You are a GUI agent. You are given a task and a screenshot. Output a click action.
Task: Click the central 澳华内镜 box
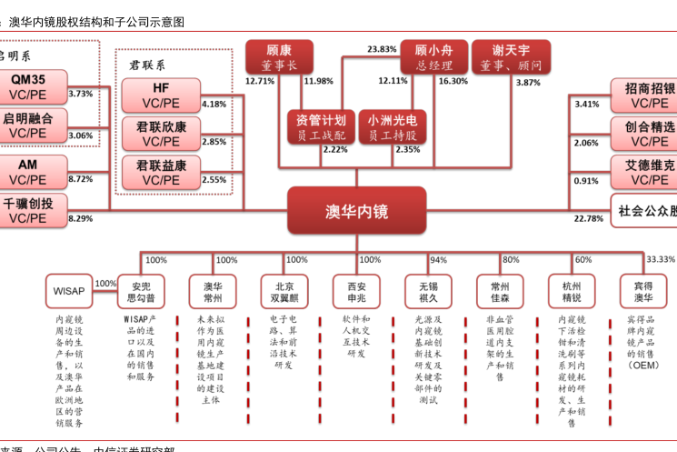(x=356, y=211)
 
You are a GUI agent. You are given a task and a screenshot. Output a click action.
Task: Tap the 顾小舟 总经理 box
(x=433, y=56)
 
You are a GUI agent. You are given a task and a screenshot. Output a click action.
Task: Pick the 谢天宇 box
(x=511, y=56)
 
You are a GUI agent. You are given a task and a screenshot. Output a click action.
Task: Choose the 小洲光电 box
(x=393, y=127)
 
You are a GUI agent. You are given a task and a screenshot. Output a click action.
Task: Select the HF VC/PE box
(x=161, y=96)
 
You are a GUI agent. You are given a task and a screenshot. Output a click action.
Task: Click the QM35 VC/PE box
(x=28, y=86)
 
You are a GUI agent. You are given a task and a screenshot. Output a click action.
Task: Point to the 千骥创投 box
(x=28, y=210)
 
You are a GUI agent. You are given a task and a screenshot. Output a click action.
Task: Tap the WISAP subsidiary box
(x=69, y=291)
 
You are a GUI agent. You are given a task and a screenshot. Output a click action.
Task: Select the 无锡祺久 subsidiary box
(x=428, y=291)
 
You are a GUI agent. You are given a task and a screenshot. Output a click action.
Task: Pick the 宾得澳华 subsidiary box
(x=643, y=291)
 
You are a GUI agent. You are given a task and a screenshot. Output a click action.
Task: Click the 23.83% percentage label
(x=382, y=49)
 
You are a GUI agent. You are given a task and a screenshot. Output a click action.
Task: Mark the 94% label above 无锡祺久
(x=438, y=260)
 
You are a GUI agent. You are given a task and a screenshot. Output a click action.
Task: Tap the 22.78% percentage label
(x=588, y=219)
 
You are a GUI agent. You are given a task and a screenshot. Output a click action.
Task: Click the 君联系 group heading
(x=147, y=65)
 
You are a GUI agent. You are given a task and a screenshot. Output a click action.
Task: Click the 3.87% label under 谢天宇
(x=528, y=82)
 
